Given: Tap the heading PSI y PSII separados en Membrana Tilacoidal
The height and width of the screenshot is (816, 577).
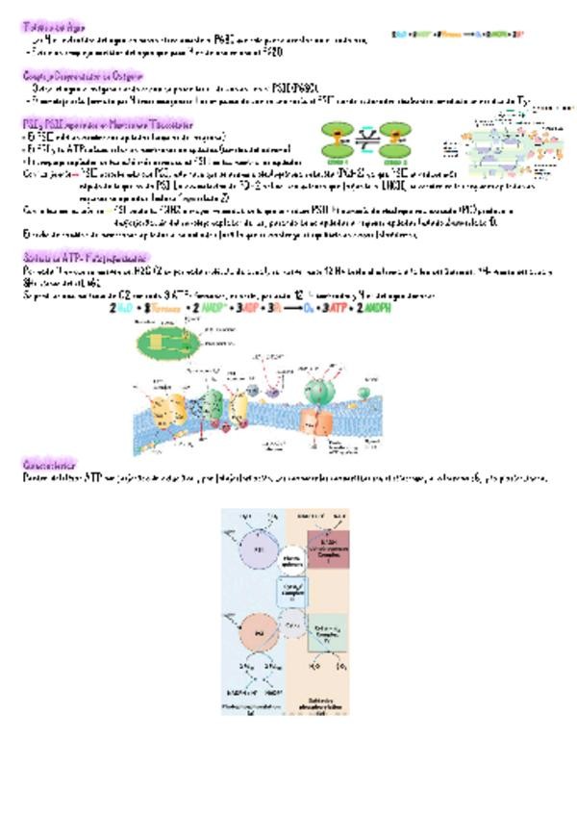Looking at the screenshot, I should point(107,124).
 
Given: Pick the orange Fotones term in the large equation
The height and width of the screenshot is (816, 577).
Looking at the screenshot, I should point(164,307).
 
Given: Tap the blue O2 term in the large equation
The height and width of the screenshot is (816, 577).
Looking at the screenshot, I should point(308,307).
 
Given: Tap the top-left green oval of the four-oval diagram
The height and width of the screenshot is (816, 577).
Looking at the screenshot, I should point(339,132).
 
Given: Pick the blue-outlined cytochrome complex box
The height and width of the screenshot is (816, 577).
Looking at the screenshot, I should point(294,590).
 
